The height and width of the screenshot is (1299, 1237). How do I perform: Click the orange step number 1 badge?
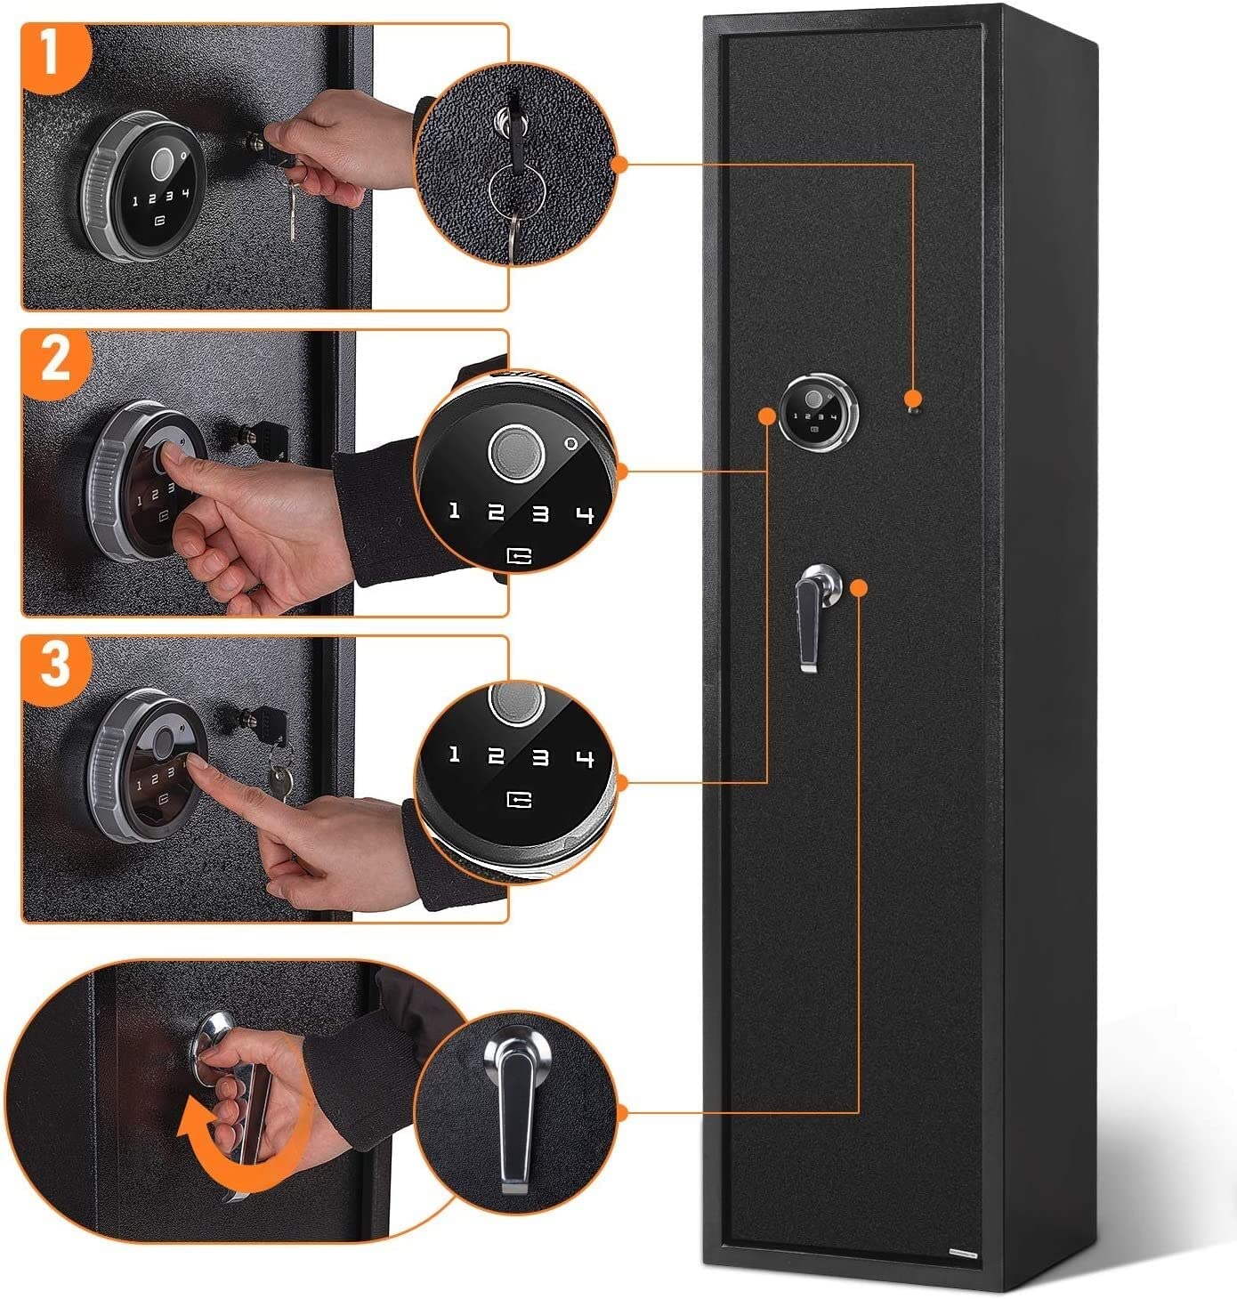pyautogui.click(x=53, y=55)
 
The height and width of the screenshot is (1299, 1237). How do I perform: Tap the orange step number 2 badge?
pyautogui.click(x=54, y=362)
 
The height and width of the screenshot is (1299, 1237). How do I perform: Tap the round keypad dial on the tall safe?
pyautogui.click(x=818, y=412)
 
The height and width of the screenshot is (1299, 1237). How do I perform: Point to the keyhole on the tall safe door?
pyautogui.click(x=914, y=411)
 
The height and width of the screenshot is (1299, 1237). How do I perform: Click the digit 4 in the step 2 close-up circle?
pyautogui.click(x=585, y=514)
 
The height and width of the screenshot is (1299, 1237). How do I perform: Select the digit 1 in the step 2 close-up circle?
pyautogui.click(x=454, y=510)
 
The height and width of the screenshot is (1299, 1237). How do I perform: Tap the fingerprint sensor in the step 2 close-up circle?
pyautogui.click(x=516, y=453)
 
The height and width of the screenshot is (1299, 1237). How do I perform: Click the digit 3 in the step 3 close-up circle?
pyautogui.click(x=540, y=757)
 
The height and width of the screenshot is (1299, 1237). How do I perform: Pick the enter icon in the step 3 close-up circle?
pyautogui.click(x=519, y=800)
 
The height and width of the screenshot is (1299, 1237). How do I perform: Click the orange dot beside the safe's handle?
pyautogui.click(x=858, y=587)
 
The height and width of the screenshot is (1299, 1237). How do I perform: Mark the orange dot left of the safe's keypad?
pyautogui.click(x=767, y=416)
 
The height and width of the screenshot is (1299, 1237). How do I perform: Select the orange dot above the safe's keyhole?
pyautogui.click(x=913, y=398)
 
